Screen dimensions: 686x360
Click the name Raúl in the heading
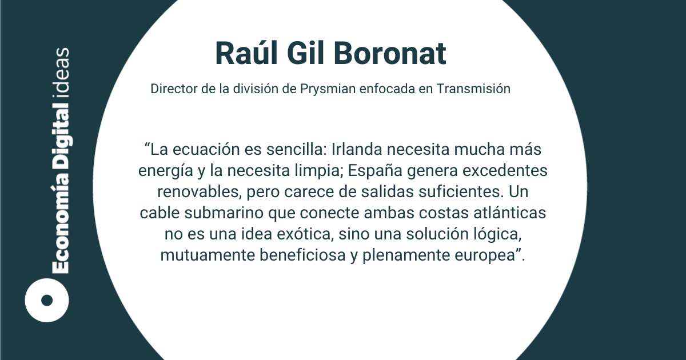246,53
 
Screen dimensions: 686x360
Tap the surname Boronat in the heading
390,53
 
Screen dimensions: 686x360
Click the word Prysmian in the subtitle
328,89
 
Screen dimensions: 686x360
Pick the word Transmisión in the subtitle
473,89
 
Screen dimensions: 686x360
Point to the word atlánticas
509,213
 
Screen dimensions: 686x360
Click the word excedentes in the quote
505,171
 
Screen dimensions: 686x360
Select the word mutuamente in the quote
208,255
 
